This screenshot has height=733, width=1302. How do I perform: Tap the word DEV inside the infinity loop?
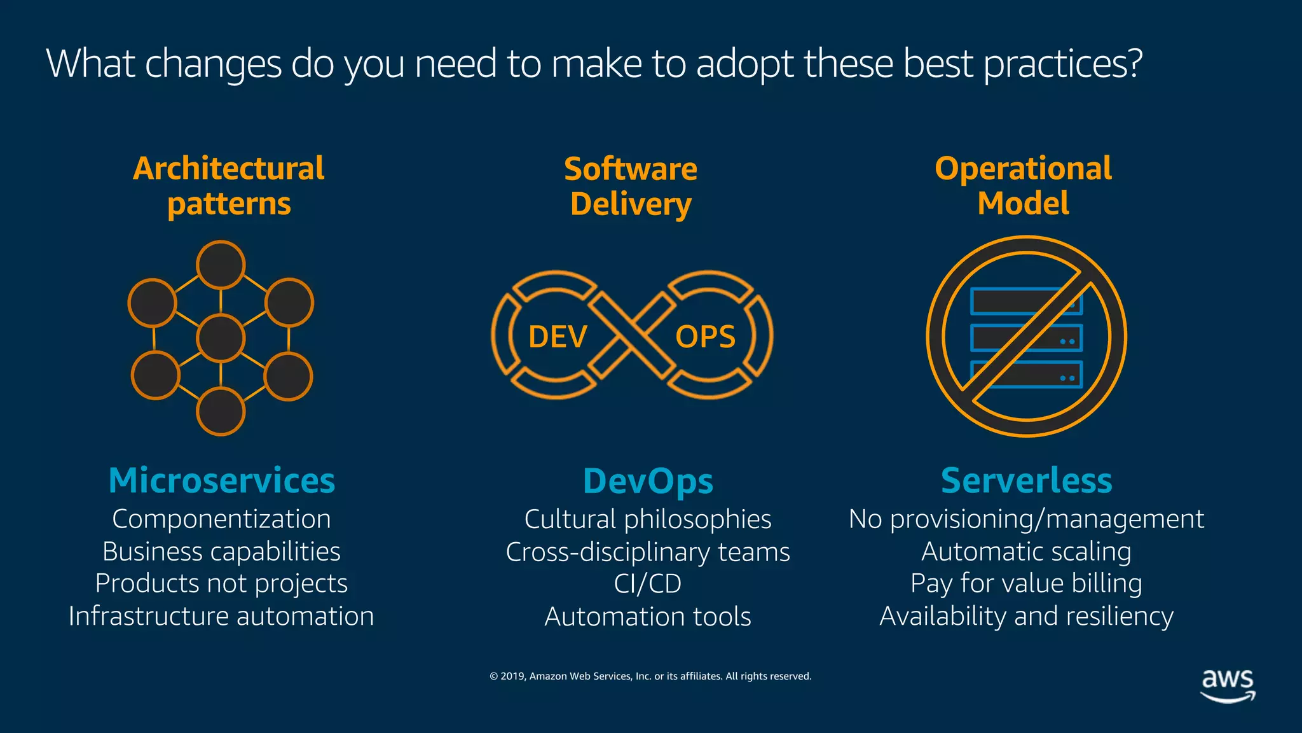pyautogui.click(x=558, y=337)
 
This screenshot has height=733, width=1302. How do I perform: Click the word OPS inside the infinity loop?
pyautogui.click(x=705, y=337)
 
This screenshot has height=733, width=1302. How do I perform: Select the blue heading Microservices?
pyautogui.click(x=221, y=480)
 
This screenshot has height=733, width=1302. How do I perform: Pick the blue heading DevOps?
pyautogui.click(x=648, y=481)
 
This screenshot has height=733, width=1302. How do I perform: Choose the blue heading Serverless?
pyautogui.click(x=1026, y=480)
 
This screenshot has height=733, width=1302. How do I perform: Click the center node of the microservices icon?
pyautogui.click(x=221, y=338)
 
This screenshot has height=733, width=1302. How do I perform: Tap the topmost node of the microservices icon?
pyautogui.click(x=221, y=265)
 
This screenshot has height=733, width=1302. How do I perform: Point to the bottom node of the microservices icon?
pyautogui.click(x=221, y=412)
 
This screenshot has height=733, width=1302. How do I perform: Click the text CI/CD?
pyautogui.click(x=648, y=583)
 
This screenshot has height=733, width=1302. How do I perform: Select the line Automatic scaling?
pyautogui.click(x=1026, y=551)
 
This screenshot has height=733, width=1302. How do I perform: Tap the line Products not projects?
pyautogui.click(x=221, y=583)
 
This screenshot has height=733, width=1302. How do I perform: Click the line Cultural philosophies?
pyautogui.click(x=648, y=519)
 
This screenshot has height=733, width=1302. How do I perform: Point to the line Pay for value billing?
pyautogui.click(x=1026, y=583)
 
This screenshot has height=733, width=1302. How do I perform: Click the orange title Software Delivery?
pyautogui.click(x=631, y=186)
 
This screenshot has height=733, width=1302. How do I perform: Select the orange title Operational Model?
pyautogui.click(x=1023, y=186)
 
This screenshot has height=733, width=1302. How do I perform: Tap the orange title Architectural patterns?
pyautogui.click(x=229, y=186)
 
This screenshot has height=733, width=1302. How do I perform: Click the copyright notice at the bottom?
pyautogui.click(x=650, y=676)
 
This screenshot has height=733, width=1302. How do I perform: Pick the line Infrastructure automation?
pyautogui.click(x=221, y=616)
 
